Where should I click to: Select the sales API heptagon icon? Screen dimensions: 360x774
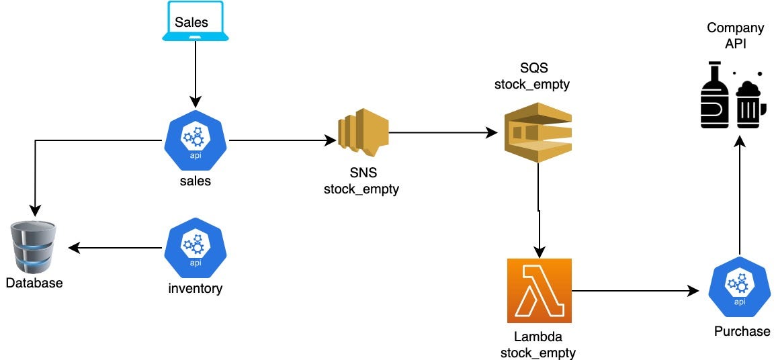click(x=196, y=140)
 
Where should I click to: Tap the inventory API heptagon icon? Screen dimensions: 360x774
click(x=196, y=247)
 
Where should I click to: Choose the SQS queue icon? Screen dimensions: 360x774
click(x=538, y=132)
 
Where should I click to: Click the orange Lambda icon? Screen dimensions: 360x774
click(x=539, y=290)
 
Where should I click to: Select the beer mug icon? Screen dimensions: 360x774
click(x=748, y=103)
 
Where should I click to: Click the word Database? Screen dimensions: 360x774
click(x=34, y=283)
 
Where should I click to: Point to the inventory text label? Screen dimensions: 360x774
click(x=196, y=289)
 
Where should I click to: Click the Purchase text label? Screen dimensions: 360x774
click(x=742, y=331)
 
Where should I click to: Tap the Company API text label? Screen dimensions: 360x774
click(x=735, y=36)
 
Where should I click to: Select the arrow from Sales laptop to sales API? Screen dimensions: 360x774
click(x=195, y=74)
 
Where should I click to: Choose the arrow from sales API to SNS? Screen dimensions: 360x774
click(x=282, y=140)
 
